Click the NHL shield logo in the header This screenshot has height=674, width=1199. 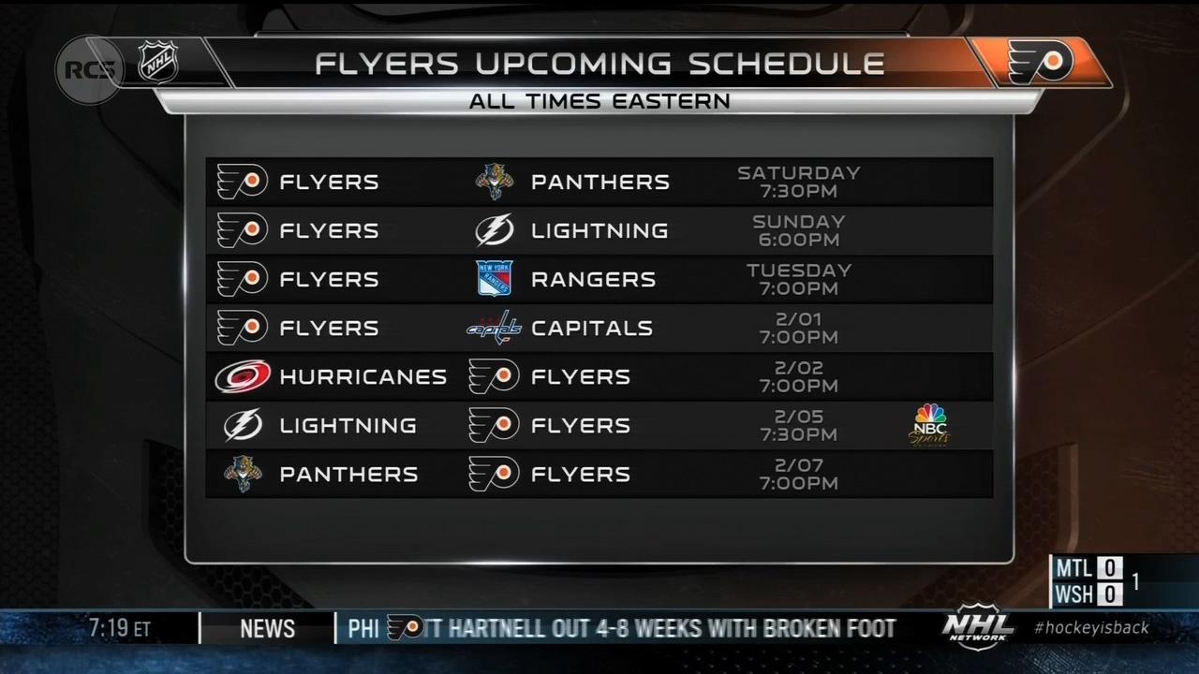coord(158,63)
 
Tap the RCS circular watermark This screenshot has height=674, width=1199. coord(89,69)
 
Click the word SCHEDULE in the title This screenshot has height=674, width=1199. coord(786,64)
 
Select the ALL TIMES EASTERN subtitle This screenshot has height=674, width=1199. coord(599,101)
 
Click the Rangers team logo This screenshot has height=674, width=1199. coord(494,278)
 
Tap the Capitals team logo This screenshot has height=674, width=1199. coord(494,328)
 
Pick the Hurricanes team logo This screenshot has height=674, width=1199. coord(243,376)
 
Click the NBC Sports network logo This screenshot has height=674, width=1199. coord(930,425)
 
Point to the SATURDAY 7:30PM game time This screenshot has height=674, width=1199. coord(799,182)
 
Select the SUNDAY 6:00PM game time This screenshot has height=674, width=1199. coord(799,230)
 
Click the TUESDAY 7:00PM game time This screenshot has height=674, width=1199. coord(799,279)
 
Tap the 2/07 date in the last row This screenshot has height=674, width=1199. coord(799,465)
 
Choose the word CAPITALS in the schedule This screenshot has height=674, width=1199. coord(592,328)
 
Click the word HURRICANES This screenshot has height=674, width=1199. coord(363,376)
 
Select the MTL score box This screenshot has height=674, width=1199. coord(1110,568)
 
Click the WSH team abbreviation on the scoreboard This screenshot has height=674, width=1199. coord(1073,594)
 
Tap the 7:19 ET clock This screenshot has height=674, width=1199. coord(120,628)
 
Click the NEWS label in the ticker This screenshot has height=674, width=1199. coord(268,628)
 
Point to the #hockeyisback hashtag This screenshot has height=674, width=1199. coord(1091,627)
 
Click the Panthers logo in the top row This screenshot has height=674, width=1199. coord(494,182)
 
